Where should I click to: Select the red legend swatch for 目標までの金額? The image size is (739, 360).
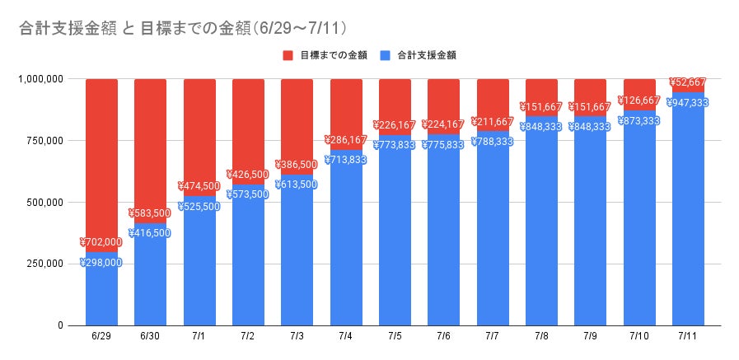[x=288, y=55]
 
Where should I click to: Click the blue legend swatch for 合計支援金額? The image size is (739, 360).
[x=386, y=55]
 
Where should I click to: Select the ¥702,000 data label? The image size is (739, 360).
[x=101, y=242]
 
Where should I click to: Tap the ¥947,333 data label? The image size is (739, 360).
[x=688, y=103]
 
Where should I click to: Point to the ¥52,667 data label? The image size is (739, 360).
[x=688, y=82]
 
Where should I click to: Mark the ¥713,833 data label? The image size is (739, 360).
[x=346, y=160]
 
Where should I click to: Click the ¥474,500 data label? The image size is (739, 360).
[x=199, y=186]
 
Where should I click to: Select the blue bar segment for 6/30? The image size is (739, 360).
[x=150, y=280]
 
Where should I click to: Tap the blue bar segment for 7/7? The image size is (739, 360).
[x=493, y=239]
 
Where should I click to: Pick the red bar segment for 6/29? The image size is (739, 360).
[x=101, y=157]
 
